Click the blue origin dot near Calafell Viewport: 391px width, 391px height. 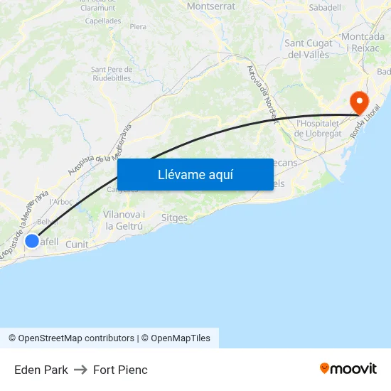pos(32,241)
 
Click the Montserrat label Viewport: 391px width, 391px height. pos(210,6)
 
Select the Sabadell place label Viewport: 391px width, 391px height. pos(325,7)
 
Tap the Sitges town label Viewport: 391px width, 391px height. pos(174,218)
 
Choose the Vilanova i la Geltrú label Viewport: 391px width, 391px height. pos(124,220)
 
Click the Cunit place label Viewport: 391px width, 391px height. pos(77,245)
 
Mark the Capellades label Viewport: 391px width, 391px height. pos(102,21)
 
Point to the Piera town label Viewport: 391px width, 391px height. pos(138,27)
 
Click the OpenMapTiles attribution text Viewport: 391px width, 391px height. pos(180,338)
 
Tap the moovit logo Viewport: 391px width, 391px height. pos(348,369)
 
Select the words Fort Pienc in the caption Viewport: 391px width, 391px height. pos(120,370)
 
